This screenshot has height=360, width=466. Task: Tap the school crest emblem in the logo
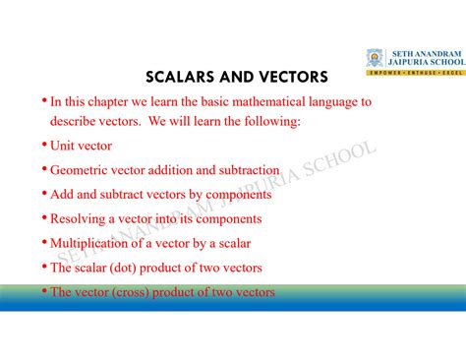pyautogui.click(x=376, y=58)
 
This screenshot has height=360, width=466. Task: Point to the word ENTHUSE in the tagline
pyautogui.click(x=416, y=73)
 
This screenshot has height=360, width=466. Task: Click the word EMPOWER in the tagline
pyautogui.click(x=383, y=73)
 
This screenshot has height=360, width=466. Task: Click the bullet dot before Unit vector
pyautogui.click(x=44, y=145)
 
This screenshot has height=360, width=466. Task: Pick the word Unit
pyautogui.click(x=65, y=146)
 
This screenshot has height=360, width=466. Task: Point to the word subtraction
pyautogui.click(x=247, y=170)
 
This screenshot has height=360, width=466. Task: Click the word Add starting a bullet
pyautogui.click(x=63, y=195)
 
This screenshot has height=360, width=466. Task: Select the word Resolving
pyautogui.click(x=82, y=218)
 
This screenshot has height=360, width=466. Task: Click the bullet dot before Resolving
pyautogui.click(x=44, y=217)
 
